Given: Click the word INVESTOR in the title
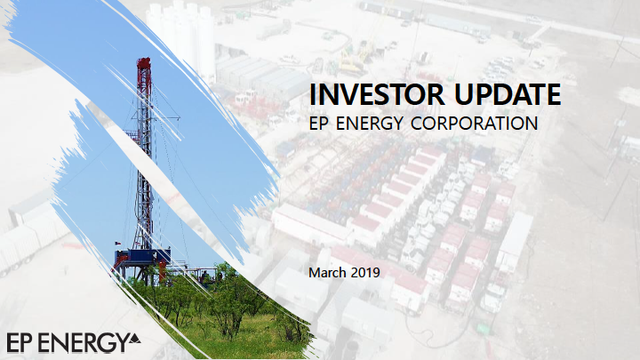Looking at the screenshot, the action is pos(376,94).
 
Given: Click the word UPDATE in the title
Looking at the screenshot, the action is pos(507,94).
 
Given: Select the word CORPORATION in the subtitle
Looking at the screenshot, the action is pos(474,124).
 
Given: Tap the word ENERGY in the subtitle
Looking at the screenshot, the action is pos(370,124).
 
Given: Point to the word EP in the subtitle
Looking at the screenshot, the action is pos(319,124).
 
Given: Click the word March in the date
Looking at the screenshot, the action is pos(328,272).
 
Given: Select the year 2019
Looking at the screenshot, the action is pos(365,272).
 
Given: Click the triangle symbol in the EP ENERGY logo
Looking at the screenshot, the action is pos(135,339).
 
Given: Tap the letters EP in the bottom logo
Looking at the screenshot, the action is pos(19,343).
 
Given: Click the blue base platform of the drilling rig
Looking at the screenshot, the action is pos(142,258).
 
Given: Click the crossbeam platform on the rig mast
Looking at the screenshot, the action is pos(155,118).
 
